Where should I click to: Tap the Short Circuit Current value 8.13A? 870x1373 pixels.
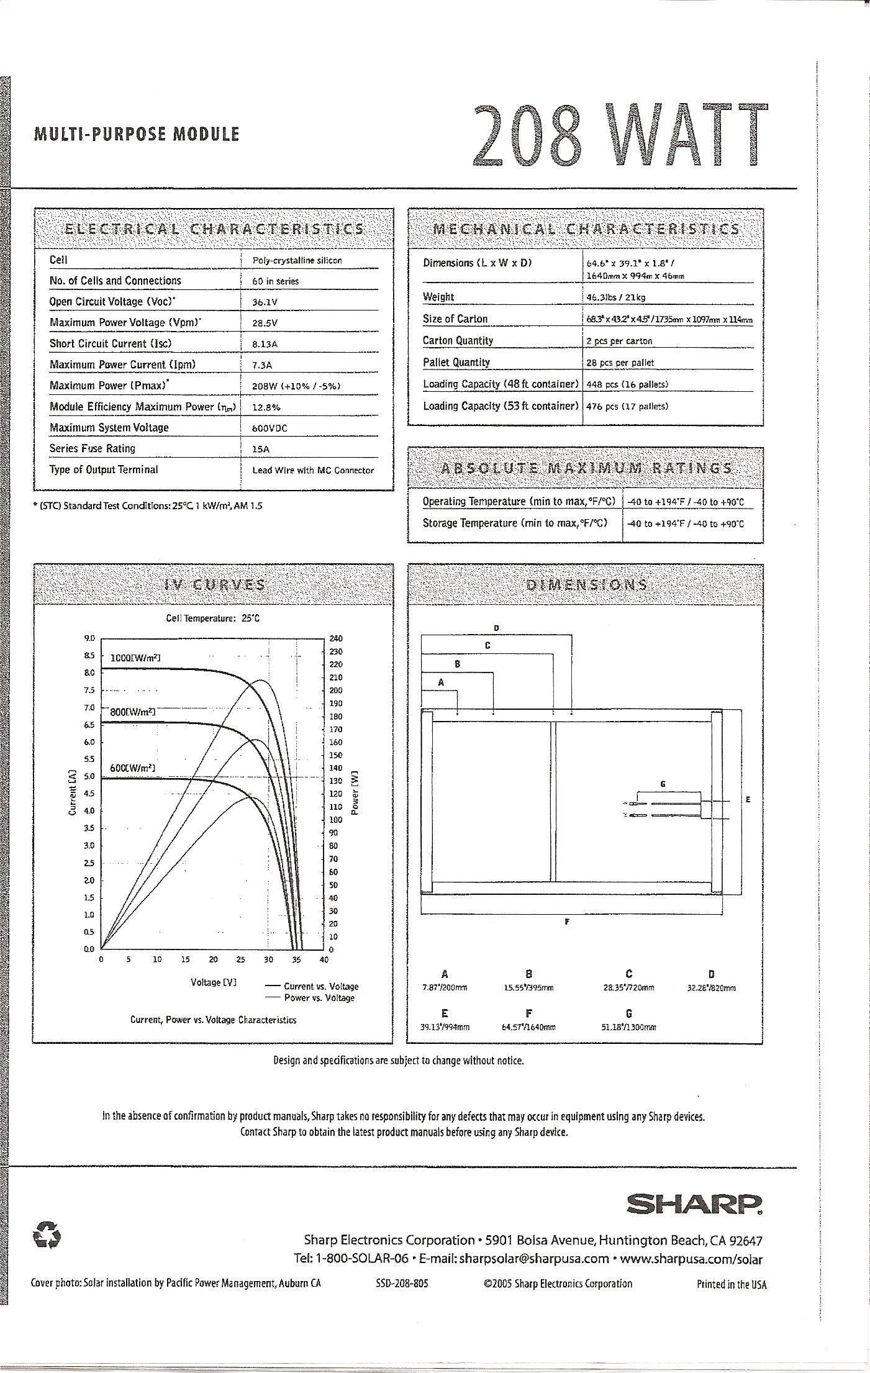(265, 344)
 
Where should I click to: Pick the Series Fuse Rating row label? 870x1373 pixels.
(93, 448)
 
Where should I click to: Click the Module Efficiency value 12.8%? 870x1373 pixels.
(266, 407)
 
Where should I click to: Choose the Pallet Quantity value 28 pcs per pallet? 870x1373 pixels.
(620, 363)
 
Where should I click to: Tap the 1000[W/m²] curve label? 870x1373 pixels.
(136, 658)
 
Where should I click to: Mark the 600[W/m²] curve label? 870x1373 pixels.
(132, 768)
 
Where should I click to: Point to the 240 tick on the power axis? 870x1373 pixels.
(335, 638)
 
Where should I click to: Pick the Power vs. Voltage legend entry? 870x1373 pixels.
(319, 998)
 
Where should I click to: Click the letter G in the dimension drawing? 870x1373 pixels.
(663, 784)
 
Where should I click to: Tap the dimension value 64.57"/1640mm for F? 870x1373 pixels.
(528, 1028)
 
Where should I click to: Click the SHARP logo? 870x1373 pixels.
(694, 1205)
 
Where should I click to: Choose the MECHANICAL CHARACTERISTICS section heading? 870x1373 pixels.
(586, 229)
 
